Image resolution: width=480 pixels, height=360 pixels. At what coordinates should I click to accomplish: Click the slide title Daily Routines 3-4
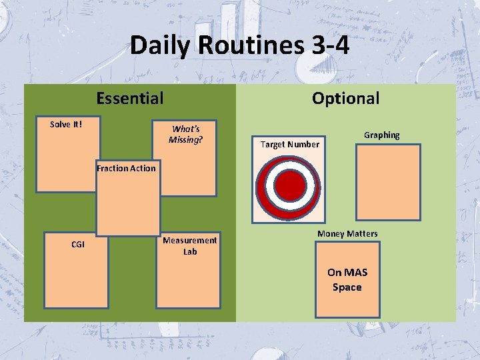click(x=239, y=45)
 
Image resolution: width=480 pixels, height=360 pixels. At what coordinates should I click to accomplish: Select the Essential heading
click(x=129, y=99)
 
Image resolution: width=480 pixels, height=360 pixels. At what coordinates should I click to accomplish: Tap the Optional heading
click(x=345, y=99)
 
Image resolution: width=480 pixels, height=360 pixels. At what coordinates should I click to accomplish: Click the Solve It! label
click(x=66, y=124)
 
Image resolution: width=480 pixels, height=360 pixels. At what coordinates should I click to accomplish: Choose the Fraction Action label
click(x=126, y=168)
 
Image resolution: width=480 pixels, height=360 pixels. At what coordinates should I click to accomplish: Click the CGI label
click(x=78, y=245)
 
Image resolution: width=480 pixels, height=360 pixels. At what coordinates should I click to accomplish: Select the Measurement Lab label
click(x=189, y=245)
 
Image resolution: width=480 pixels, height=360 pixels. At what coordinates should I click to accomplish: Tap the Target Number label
click(x=289, y=144)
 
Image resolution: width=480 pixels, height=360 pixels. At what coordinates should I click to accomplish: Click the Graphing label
click(x=381, y=135)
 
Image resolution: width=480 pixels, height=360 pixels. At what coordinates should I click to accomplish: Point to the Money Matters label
click(x=347, y=233)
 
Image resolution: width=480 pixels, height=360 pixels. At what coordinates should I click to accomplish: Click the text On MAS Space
click(x=347, y=280)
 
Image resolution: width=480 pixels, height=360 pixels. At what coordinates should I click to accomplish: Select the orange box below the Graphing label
click(x=388, y=182)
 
